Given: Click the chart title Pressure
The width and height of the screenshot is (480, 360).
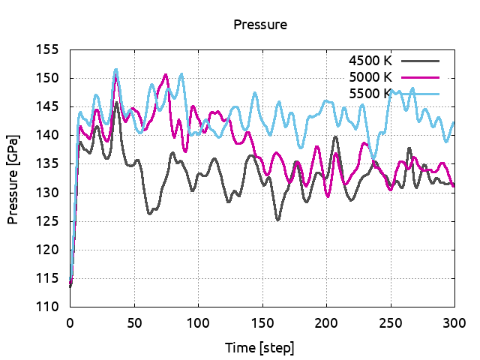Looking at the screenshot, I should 260,25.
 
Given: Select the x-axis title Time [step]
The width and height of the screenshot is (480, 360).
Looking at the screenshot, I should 260,348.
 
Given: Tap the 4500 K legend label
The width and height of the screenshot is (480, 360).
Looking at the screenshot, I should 370,60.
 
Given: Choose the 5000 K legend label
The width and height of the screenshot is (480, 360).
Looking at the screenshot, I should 370,76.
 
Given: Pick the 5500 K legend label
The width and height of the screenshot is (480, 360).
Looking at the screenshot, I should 370,93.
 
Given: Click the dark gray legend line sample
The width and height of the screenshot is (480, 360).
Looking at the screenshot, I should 420,60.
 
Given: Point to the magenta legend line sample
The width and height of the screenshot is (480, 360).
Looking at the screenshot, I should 420,76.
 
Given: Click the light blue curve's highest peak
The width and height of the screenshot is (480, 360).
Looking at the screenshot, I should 115,70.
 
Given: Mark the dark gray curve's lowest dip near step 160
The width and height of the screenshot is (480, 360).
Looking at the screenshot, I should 277,220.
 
